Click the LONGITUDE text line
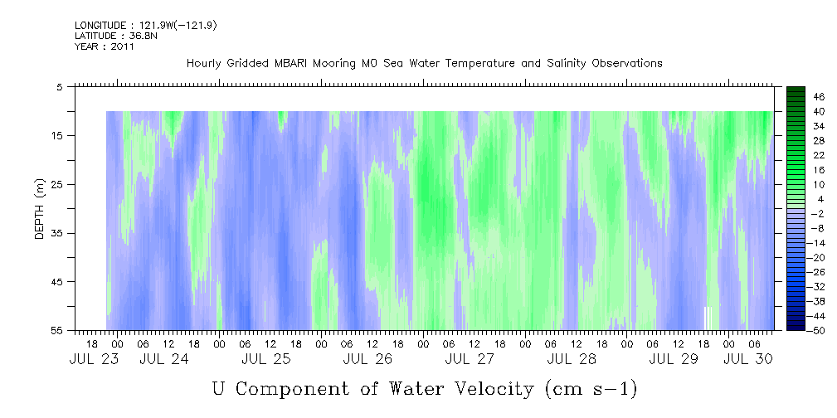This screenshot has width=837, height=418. pos(146,25)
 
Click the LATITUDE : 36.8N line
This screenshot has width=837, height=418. pos(116,36)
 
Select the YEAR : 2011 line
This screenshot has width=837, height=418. pos(104,46)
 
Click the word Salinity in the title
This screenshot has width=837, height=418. pos(565,64)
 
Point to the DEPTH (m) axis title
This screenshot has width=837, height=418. pos(40,209)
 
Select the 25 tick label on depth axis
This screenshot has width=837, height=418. pos(56,184)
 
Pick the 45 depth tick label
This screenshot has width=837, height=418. pos(56,281)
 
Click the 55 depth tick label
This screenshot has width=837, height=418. pos(56,330)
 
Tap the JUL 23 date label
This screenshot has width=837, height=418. pos(94,359)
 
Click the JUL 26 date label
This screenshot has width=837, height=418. pos(367,359)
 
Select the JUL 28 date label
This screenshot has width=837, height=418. pos(572,359)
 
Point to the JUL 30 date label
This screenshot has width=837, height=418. pos(748,359)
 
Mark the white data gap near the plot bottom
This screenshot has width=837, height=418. pos(708,318)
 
